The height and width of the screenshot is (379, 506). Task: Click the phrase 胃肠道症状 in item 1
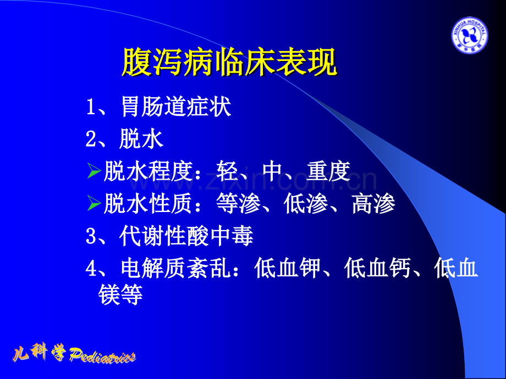175,107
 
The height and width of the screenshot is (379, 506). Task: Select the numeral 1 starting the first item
91,107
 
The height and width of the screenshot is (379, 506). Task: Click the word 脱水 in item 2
141,139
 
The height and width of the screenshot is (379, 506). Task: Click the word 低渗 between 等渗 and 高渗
306,204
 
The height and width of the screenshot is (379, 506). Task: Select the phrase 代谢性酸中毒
186,237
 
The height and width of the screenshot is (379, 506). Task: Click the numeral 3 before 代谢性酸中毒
91,237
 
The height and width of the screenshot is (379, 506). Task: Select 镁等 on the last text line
120,296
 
